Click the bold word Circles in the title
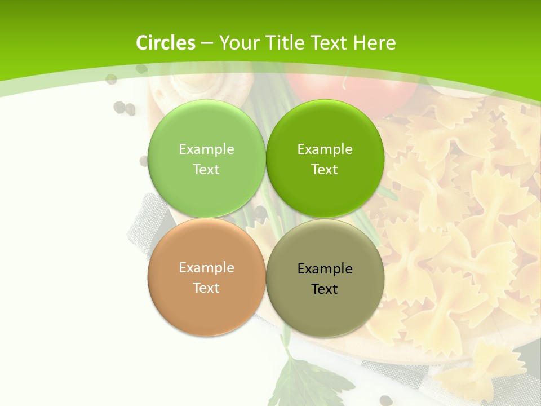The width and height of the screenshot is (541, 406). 165,42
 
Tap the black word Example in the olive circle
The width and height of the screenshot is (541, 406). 325,269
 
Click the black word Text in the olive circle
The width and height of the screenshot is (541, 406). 325,289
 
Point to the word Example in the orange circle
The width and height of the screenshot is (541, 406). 206,268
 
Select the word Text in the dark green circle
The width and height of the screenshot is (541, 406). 325,170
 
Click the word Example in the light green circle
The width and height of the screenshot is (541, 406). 206,149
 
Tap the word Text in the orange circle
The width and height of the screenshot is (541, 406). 206,288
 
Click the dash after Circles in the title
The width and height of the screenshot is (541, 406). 207,43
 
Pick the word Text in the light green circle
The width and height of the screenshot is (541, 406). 206,170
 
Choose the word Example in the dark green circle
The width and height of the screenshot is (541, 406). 325,149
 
